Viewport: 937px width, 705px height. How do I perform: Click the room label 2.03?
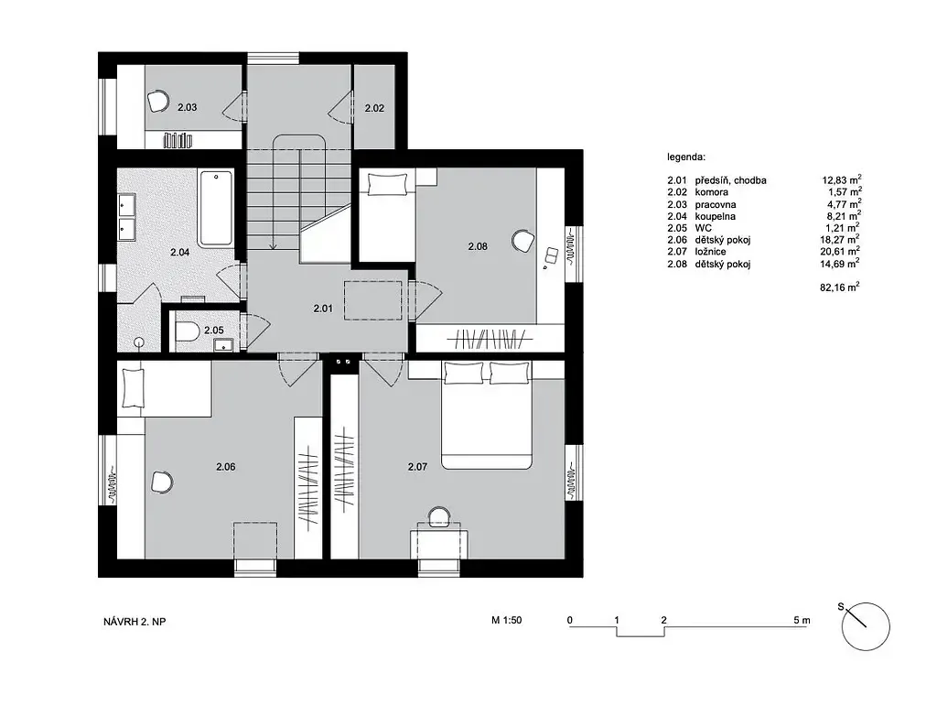point(187,108)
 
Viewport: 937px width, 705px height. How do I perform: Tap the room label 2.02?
point(374,108)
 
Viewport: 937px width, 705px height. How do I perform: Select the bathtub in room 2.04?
point(215,209)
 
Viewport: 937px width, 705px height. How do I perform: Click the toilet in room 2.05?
point(187,331)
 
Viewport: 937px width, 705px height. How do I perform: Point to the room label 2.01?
point(323,309)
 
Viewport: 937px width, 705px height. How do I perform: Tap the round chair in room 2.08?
point(522,241)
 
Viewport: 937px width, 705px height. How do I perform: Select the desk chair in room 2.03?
point(158,101)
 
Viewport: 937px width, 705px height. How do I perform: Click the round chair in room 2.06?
point(162,482)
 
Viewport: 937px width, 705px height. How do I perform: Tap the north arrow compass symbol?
point(865,626)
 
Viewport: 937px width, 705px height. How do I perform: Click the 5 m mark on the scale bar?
point(802,620)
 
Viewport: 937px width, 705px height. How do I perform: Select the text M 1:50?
point(507,620)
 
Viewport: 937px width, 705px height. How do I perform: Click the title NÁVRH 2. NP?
point(135,622)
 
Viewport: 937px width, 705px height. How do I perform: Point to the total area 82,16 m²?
point(840,287)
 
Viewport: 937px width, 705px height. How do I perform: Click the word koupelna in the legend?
point(716,216)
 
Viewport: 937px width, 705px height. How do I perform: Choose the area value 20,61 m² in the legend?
point(840,251)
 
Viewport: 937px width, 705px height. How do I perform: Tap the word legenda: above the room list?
point(686,157)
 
